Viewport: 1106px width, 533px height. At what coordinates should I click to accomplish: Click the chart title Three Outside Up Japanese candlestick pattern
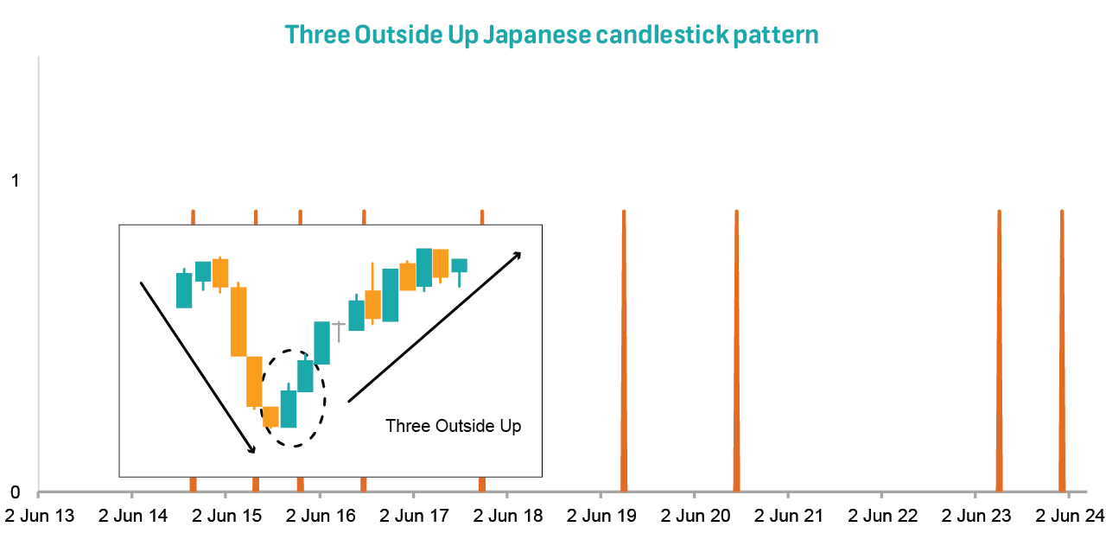coord(551,35)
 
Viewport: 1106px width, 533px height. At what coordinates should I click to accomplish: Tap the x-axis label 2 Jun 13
coord(40,516)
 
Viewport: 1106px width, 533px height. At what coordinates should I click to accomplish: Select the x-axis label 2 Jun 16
coord(321,516)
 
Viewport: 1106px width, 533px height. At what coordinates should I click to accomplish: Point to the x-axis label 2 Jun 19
coord(601,516)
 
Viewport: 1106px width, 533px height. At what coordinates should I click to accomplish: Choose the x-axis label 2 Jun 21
coord(789,516)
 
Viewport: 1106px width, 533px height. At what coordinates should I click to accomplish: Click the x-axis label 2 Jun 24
coord(1070,516)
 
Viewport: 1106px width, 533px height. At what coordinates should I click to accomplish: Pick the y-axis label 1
coord(16,181)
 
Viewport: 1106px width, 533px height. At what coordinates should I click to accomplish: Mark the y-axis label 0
coord(16,492)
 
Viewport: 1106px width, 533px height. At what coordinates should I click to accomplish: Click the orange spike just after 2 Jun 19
coord(624,351)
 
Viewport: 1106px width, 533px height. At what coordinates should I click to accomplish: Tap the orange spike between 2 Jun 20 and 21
coord(737,351)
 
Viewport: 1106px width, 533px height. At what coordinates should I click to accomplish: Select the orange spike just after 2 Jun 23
coord(1000,351)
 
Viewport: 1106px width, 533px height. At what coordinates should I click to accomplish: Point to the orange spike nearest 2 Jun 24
coord(1062,351)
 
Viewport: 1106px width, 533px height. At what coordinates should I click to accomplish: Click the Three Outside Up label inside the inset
coord(454,426)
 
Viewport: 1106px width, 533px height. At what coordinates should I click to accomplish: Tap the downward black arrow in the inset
coord(198,367)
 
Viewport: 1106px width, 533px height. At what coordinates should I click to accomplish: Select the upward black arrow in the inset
coord(435,327)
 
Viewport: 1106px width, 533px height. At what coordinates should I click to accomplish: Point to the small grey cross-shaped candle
coord(339,331)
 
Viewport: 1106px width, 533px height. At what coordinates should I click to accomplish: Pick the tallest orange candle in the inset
coord(238,320)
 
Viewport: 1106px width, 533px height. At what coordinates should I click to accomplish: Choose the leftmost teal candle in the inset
coord(184,290)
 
